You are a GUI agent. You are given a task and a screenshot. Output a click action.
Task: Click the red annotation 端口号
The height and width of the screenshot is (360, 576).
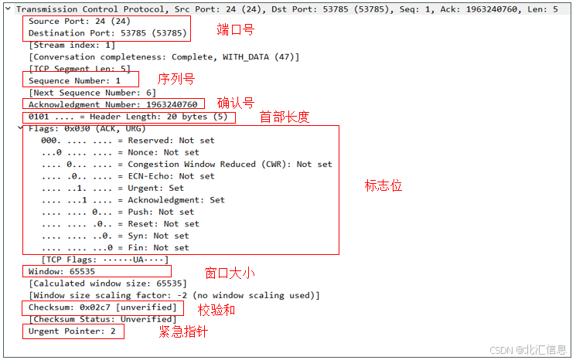click(x=235, y=30)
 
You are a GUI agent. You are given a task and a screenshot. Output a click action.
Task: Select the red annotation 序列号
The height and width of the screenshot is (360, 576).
click(x=176, y=79)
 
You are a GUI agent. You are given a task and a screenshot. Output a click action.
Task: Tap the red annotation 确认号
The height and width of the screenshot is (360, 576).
click(x=236, y=103)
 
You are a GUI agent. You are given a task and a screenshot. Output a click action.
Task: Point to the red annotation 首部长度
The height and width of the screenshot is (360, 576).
click(x=284, y=117)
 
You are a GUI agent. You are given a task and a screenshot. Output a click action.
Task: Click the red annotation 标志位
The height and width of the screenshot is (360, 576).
click(x=383, y=186)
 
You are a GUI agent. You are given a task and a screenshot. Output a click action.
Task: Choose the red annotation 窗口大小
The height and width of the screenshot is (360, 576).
click(x=230, y=273)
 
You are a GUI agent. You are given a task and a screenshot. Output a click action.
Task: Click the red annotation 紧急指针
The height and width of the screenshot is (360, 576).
click(x=182, y=331)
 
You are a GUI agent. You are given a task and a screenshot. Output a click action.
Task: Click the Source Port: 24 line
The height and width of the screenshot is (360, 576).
click(x=70, y=22)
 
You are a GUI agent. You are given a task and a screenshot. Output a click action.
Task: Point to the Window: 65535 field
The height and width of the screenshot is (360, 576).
click(x=62, y=272)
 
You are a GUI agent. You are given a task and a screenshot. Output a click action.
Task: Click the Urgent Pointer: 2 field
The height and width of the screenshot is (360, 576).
click(x=72, y=331)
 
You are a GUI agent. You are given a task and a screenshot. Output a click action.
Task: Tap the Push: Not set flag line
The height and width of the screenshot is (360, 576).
click(x=118, y=212)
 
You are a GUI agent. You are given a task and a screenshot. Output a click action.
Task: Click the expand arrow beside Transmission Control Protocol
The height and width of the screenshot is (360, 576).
click(x=8, y=8)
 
